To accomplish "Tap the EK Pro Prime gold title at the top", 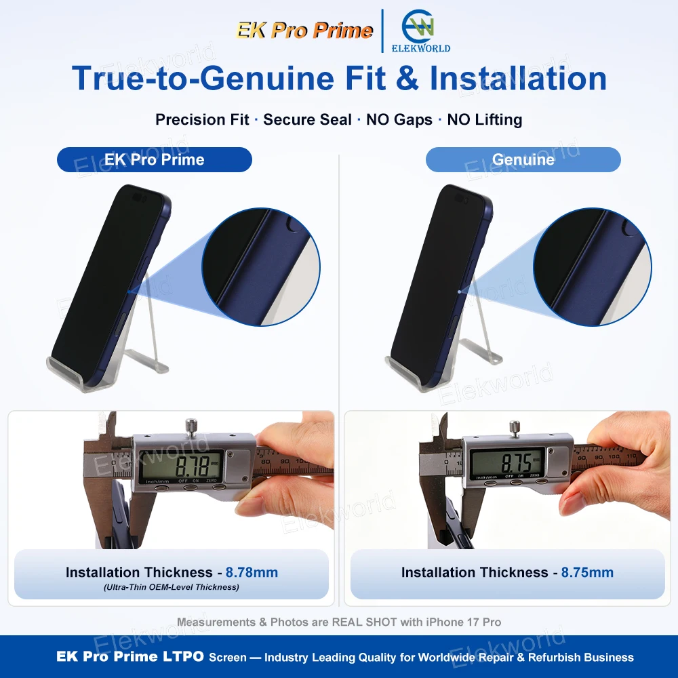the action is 304,31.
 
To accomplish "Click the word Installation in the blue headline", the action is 518,78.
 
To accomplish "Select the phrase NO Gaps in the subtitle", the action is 399,119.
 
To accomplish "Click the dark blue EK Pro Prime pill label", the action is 155,159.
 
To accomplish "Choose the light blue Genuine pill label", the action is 523,159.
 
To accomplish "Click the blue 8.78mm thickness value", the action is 252,572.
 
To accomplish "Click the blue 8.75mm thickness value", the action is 587,572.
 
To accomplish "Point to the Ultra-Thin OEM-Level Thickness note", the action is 172,586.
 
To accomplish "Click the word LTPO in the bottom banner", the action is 183,656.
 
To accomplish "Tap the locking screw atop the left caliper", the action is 191,426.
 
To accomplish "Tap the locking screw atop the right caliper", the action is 515,427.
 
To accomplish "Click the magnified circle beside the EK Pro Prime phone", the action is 261,266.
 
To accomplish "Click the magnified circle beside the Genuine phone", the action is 593,266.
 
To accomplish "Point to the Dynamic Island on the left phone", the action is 139,197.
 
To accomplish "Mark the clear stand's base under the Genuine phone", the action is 411,372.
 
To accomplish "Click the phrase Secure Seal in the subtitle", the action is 307,119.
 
